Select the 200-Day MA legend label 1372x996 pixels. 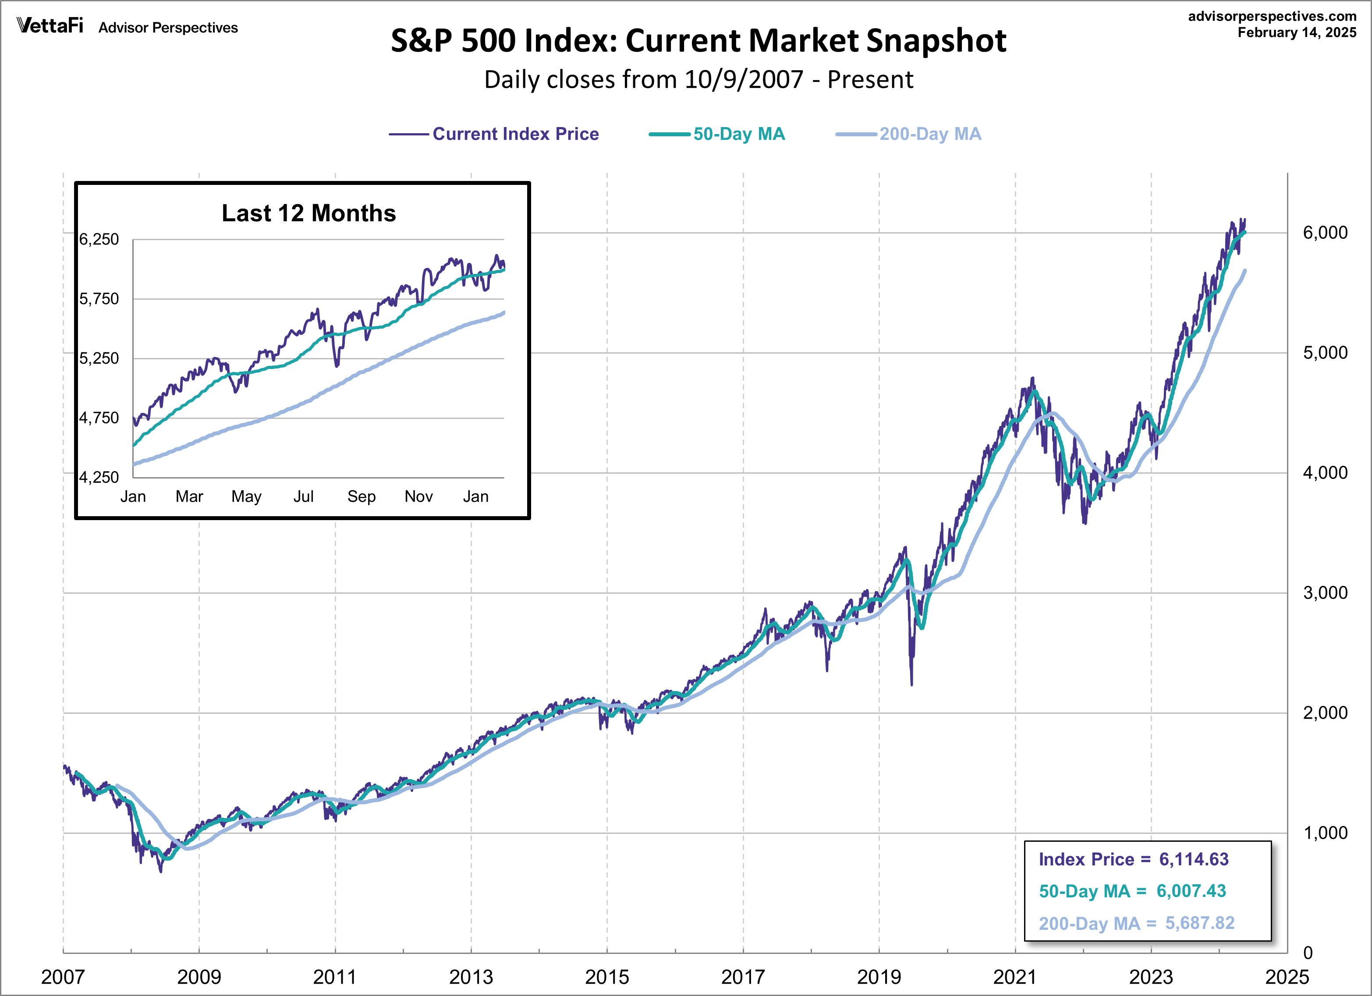(x=930, y=134)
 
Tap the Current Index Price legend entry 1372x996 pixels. (x=515, y=134)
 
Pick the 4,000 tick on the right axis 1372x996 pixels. (x=1325, y=473)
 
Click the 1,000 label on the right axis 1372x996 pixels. (x=1325, y=833)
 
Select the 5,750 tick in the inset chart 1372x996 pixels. (x=99, y=299)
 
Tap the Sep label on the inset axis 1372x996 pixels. (x=361, y=497)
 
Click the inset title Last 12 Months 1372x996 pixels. (x=308, y=213)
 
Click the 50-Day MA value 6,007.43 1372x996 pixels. (x=1191, y=891)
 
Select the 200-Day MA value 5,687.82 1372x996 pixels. (x=1200, y=923)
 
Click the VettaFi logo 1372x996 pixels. (x=50, y=25)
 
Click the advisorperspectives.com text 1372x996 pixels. (x=1272, y=16)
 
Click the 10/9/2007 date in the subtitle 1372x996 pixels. (x=744, y=80)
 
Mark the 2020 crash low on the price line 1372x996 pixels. (x=911, y=684)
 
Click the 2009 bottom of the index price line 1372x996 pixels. (x=161, y=872)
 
